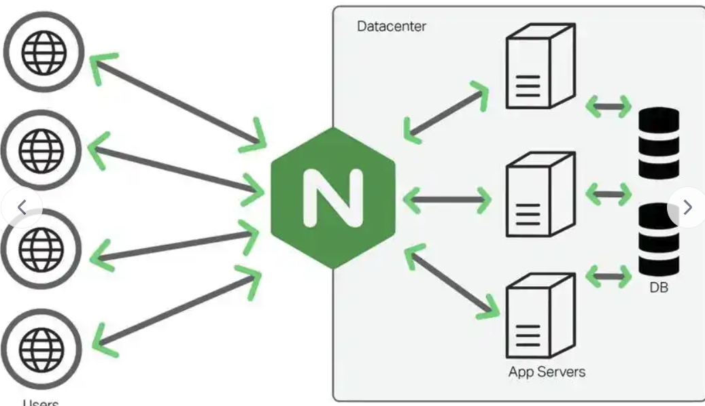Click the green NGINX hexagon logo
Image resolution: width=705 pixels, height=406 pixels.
[332, 198]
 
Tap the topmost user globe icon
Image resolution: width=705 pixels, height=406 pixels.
[44, 52]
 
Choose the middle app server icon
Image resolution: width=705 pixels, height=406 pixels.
[540, 194]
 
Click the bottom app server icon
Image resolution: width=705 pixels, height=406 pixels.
[540, 317]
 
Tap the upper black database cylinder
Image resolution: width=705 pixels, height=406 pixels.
[659, 143]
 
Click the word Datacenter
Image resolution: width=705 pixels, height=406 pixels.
[392, 27]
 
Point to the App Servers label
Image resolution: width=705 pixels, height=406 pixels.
[547, 372]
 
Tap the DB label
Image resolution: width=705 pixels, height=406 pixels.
[659, 288]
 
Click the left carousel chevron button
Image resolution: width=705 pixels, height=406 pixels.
[21, 207]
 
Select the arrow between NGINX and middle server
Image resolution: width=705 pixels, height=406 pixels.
[446, 199]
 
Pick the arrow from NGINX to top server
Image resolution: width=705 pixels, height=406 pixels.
[446, 112]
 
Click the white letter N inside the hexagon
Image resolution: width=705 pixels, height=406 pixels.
[332, 198]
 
